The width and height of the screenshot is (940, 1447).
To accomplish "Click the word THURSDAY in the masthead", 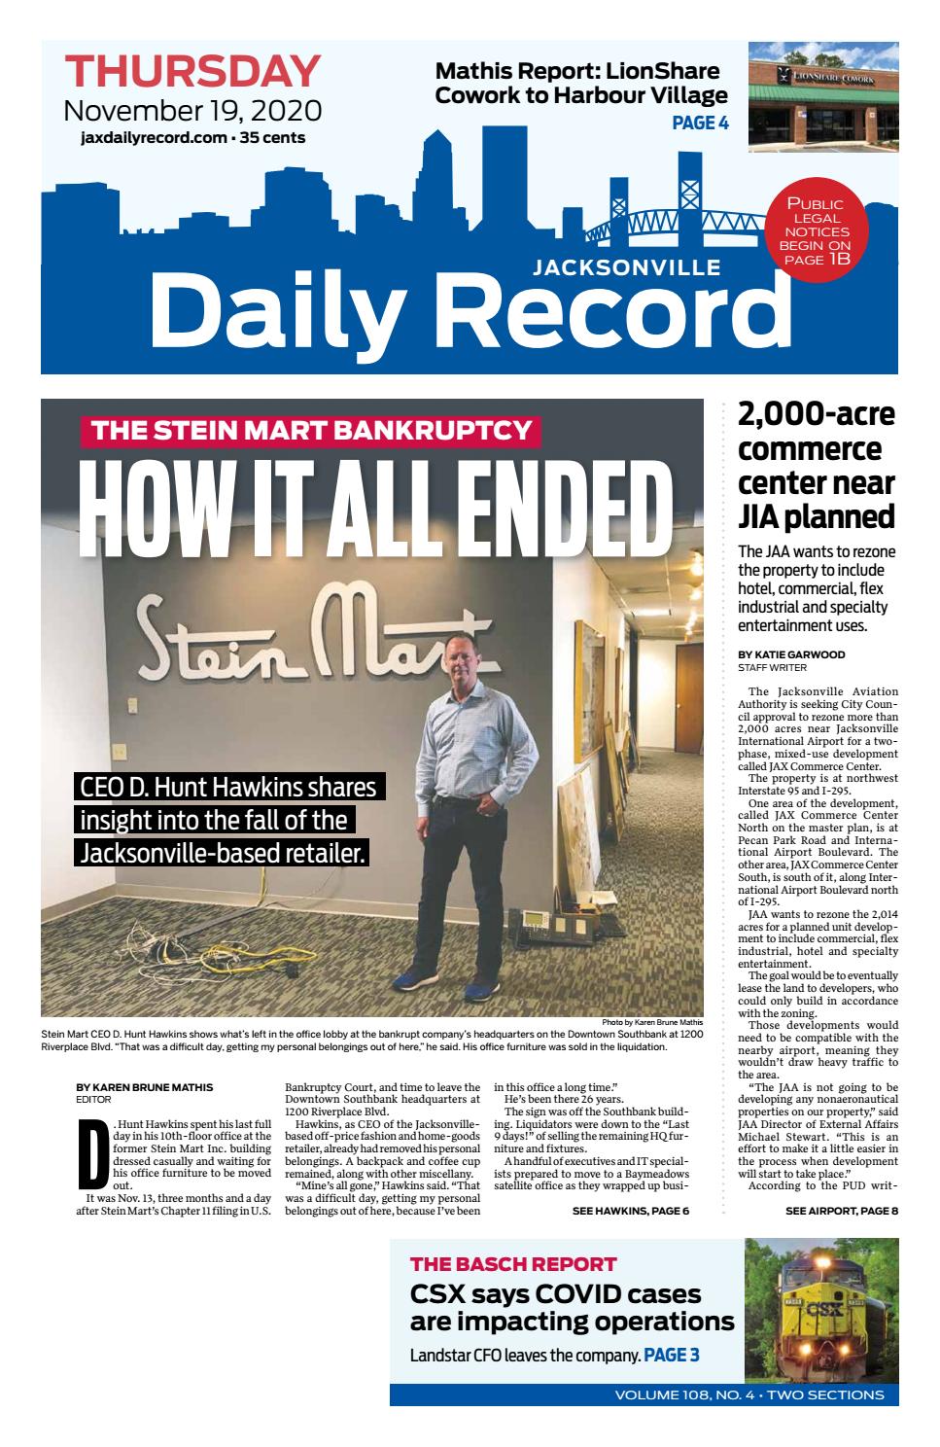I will coord(192,72).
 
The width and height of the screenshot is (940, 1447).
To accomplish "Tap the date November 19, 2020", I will coord(192,110).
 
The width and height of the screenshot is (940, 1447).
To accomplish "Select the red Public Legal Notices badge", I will coord(814,231).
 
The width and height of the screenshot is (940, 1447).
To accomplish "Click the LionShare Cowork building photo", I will coord(822,97).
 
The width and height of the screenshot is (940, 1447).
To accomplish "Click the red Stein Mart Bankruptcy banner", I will coord(311,430).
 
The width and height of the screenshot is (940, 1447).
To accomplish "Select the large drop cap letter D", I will coord(89,1153).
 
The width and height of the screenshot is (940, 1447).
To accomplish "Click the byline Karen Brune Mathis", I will coord(144,1087).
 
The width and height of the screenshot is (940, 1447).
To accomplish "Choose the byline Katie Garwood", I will coord(791,655).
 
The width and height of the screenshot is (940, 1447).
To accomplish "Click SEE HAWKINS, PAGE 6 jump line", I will coord(630,1211).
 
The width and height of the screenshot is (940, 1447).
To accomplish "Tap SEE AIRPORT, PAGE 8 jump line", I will coord(841,1211).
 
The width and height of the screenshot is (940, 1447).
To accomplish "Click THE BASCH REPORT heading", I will coord(513,1264).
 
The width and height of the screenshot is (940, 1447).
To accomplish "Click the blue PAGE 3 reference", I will coord(671,1355).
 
